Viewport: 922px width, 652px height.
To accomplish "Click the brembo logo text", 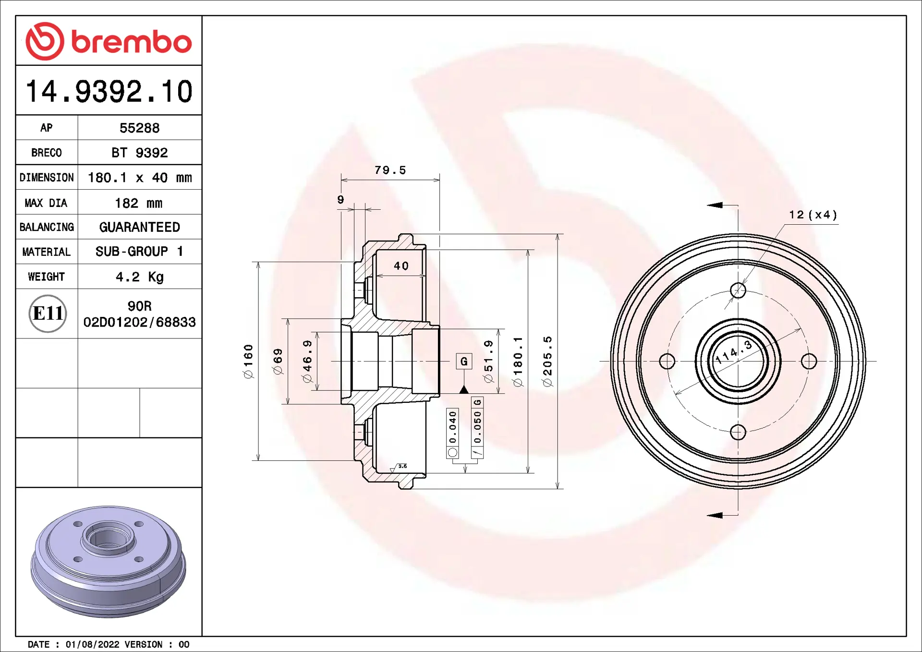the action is [x=132, y=42].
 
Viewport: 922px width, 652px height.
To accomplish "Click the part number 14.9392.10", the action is [x=109, y=91].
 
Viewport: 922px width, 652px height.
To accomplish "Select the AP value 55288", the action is [x=139, y=128].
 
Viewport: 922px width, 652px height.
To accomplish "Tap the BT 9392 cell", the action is [x=139, y=153].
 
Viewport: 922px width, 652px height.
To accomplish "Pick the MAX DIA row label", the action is [x=46, y=203].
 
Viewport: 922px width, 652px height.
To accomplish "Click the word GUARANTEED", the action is [x=139, y=227].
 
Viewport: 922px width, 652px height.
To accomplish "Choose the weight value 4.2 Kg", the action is [x=139, y=277].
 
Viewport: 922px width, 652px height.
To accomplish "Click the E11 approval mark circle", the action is [x=48, y=314].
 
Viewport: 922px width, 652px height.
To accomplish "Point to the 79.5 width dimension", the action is [x=390, y=170].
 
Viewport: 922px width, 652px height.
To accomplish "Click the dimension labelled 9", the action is [x=340, y=200].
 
